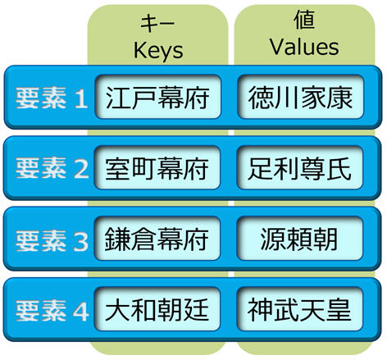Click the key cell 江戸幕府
click(158, 97)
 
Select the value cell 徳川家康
click(301, 97)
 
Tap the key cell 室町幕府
click(157, 167)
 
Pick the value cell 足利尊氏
click(300, 167)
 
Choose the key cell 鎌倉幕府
click(157, 239)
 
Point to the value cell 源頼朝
click(300, 239)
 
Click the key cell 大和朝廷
click(157, 309)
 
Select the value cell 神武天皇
click(300, 309)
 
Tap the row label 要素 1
click(52, 98)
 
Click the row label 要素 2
click(52, 168)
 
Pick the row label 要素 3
click(52, 240)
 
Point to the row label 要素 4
click(52, 311)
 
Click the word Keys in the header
click(158, 51)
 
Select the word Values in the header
click(304, 47)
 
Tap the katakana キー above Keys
click(157, 23)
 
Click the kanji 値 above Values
click(304, 20)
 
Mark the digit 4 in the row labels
click(80, 311)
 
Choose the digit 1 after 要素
click(81, 98)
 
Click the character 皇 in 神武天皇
click(339, 309)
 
